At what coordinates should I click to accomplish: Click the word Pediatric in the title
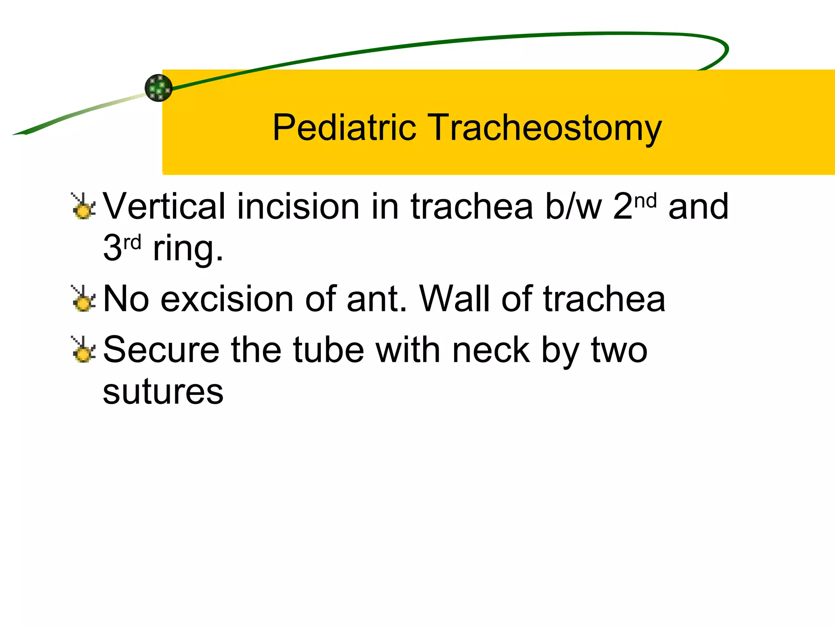tap(344, 128)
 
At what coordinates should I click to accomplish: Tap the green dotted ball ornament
tap(159, 88)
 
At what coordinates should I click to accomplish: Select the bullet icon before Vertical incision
tap(83, 206)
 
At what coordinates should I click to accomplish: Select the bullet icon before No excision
tap(83, 299)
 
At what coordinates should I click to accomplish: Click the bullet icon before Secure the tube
tap(83, 350)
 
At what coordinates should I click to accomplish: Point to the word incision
tap(298, 206)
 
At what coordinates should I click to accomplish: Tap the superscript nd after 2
tap(646, 201)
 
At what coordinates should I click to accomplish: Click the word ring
tap(188, 249)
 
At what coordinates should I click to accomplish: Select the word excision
tap(228, 299)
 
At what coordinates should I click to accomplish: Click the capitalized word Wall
tap(455, 299)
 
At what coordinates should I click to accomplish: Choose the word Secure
tap(161, 350)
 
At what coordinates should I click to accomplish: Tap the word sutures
tap(163, 392)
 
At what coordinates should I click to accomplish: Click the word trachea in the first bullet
tap(472, 206)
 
